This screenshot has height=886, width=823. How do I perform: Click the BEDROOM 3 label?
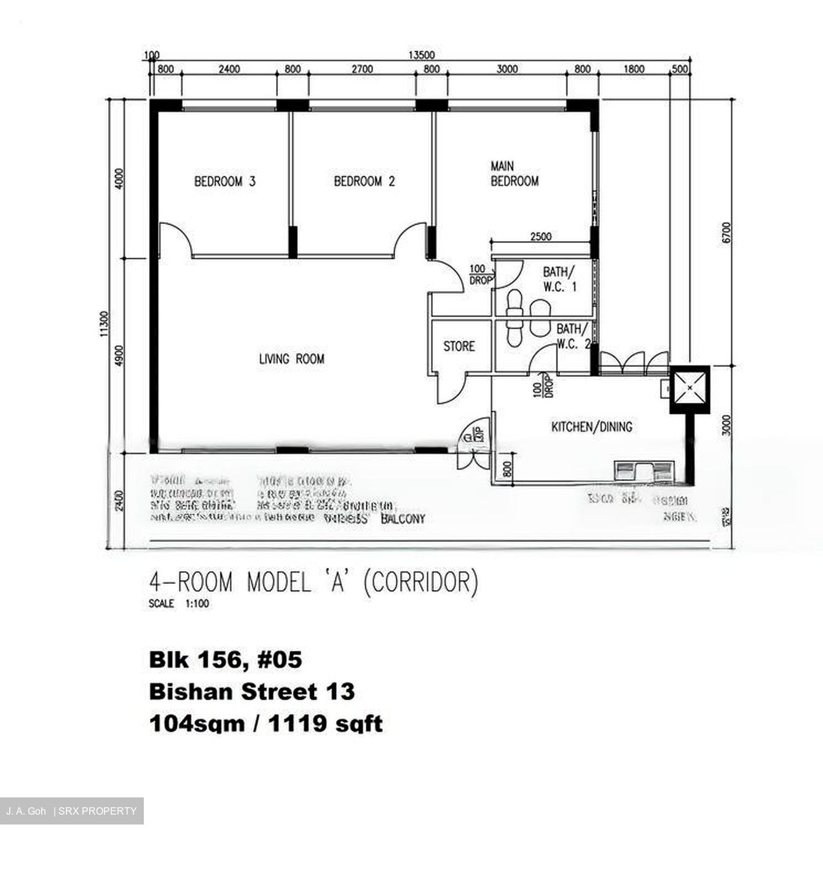(224, 182)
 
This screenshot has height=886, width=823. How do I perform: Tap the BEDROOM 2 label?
(364, 182)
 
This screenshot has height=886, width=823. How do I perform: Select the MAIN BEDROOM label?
(514, 174)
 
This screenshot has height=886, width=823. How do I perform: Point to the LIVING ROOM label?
(291, 359)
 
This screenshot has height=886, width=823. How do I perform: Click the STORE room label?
(459, 346)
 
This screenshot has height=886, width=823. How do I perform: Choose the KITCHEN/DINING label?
(591, 426)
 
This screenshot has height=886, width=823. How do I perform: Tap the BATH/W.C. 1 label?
(559, 279)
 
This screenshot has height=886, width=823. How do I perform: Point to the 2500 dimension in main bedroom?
(540, 236)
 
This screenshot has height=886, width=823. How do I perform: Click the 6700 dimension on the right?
(727, 233)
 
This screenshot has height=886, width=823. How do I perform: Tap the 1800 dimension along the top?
(634, 70)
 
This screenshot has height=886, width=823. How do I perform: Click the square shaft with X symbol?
(689, 388)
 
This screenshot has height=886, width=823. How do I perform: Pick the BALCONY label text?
(403, 519)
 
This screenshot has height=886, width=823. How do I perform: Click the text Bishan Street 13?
(252, 692)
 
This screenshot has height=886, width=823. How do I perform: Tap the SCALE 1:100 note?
(179, 604)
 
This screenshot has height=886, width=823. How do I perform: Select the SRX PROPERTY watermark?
(97, 811)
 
